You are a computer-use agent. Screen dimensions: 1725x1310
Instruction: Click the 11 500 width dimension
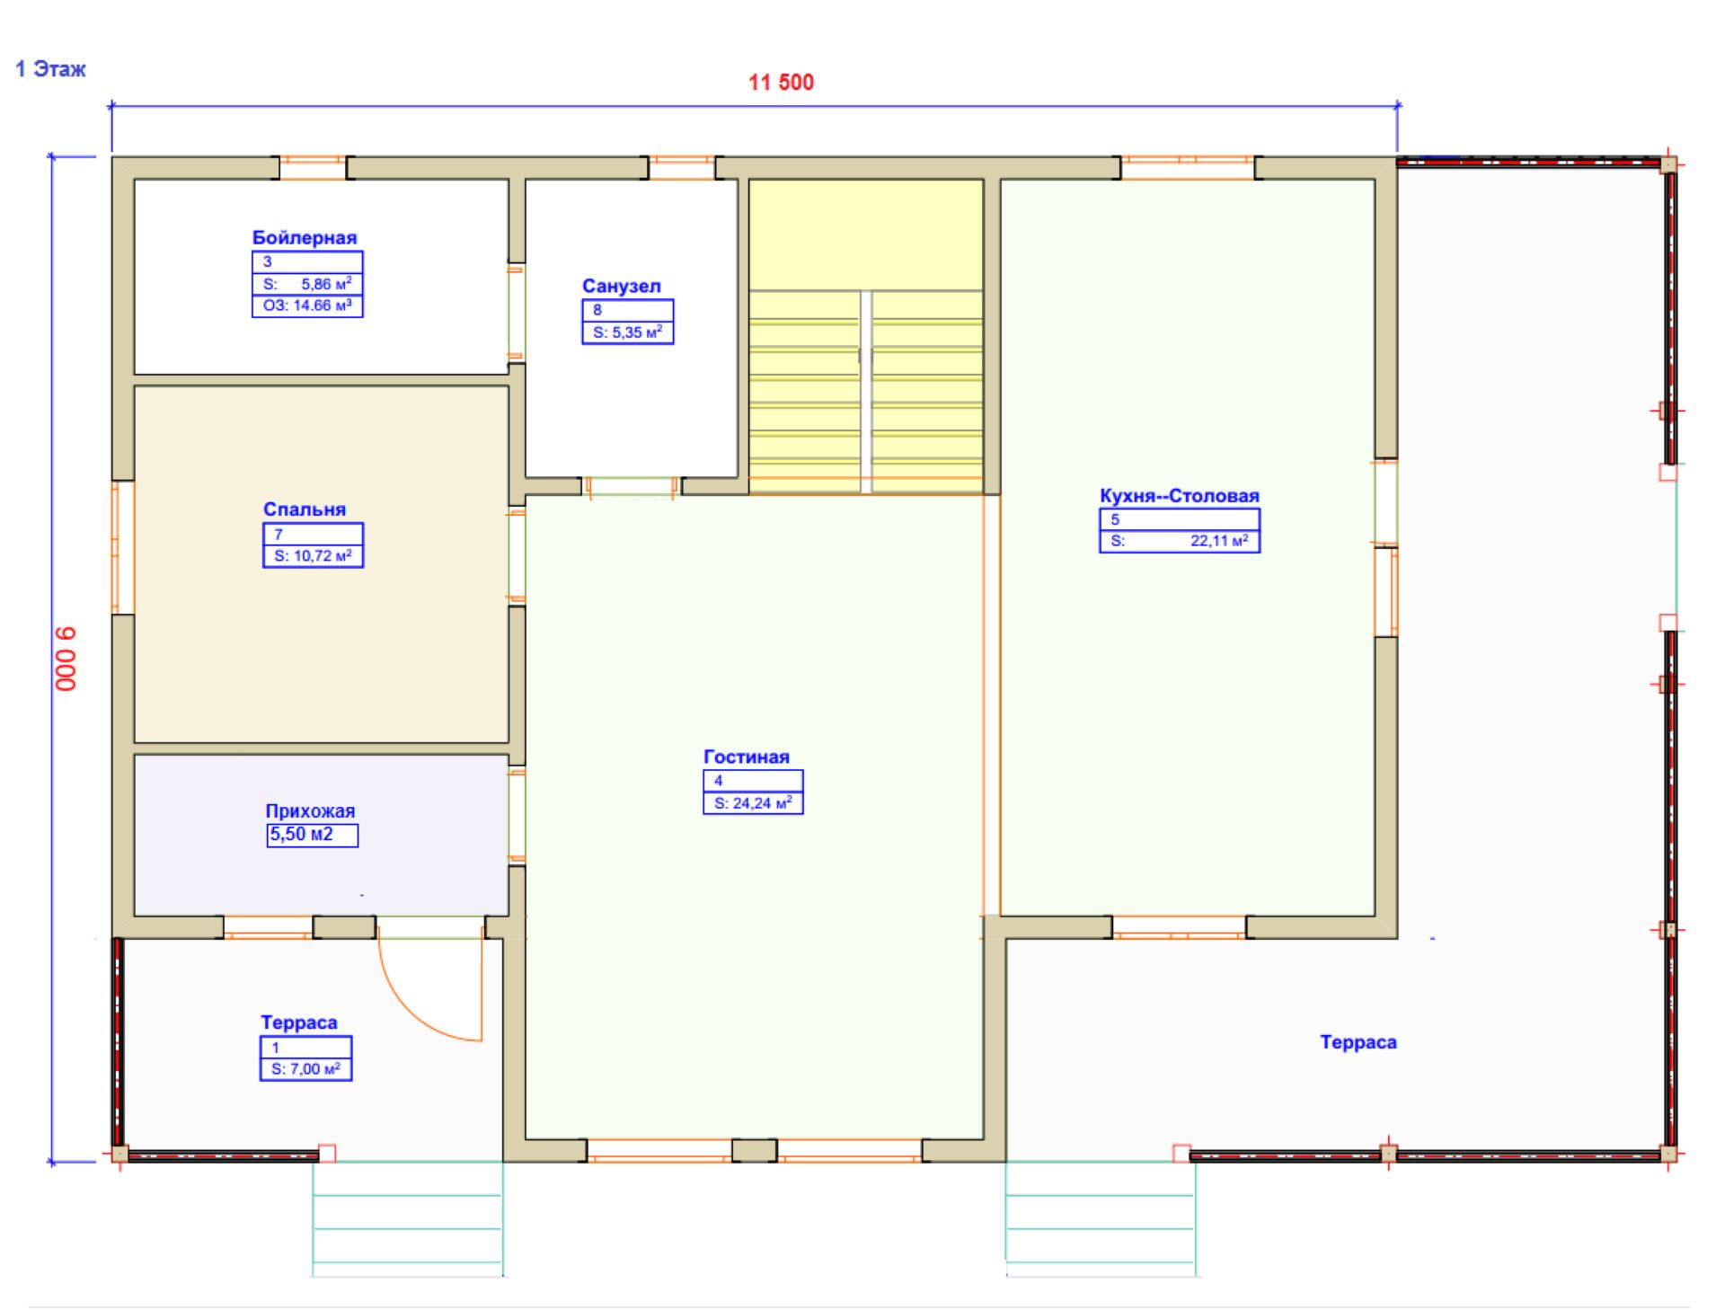point(781,83)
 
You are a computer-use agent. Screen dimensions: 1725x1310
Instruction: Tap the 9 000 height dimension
point(67,659)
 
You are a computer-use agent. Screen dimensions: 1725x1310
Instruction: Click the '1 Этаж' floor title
point(51,69)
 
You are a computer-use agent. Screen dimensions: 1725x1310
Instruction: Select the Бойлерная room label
point(305,238)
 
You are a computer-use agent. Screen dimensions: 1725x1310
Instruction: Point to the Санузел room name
point(622,287)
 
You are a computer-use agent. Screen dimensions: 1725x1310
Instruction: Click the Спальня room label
point(305,509)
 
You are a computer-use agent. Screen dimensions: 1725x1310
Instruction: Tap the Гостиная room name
point(747,757)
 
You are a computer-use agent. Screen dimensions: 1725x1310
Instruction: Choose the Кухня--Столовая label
point(1180,496)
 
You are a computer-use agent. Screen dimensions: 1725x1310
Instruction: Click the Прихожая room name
point(310,811)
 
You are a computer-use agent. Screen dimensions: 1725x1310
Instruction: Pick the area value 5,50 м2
point(302,835)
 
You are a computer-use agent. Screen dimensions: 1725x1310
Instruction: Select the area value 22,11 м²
point(1219,541)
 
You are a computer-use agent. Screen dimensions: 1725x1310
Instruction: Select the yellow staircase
point(865,336)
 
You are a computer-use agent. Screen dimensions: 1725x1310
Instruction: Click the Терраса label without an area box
point(1358,1042)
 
